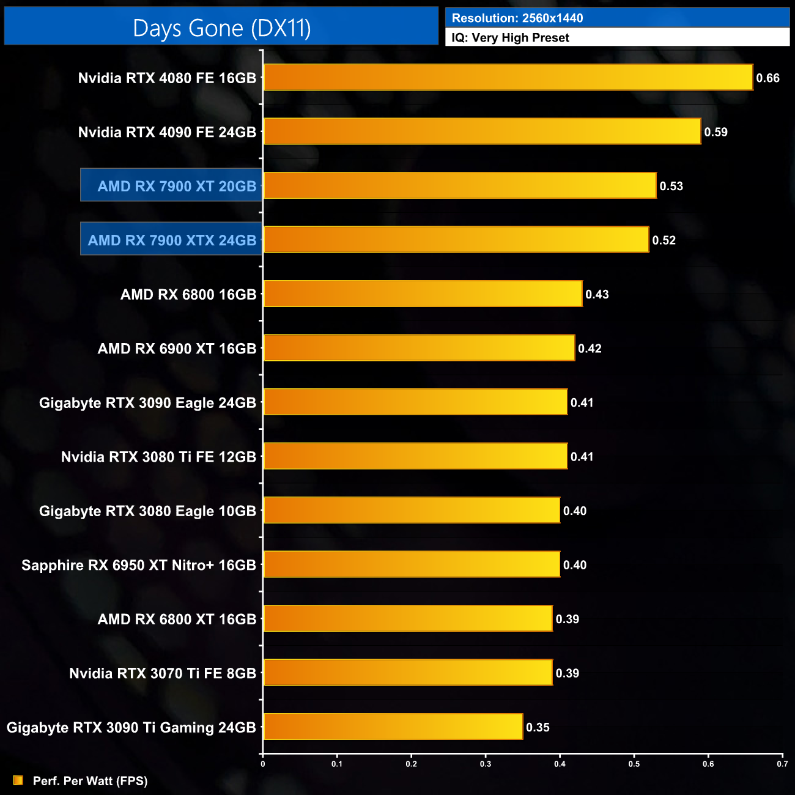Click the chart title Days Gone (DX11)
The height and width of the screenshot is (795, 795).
221,28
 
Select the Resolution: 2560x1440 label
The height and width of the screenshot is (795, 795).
517,18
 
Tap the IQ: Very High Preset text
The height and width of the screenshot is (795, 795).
510,38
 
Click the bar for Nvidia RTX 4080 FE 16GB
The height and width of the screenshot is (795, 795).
508,78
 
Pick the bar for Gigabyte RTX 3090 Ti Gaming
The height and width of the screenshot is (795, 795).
393,727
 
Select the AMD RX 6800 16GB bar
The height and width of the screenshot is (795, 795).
422,294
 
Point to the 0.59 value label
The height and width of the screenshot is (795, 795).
715,132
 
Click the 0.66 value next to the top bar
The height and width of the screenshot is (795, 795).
767,78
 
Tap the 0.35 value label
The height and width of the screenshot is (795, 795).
538,727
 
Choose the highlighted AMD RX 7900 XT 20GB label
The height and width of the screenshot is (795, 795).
176,186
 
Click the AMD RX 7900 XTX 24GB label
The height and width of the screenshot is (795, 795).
172,240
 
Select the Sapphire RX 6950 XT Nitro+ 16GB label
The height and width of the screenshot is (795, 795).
139,565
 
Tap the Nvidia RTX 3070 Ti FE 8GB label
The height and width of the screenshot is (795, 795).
163,673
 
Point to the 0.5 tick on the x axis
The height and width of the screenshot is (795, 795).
634,764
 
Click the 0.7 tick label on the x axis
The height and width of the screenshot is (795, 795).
782,764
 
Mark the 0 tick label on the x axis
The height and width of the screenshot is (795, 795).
263,764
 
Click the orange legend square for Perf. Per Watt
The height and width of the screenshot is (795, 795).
18,780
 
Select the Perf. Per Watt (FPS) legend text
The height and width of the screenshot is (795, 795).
90,781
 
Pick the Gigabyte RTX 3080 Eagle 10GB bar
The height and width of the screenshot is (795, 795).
411,511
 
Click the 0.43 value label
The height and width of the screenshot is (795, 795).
597,295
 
